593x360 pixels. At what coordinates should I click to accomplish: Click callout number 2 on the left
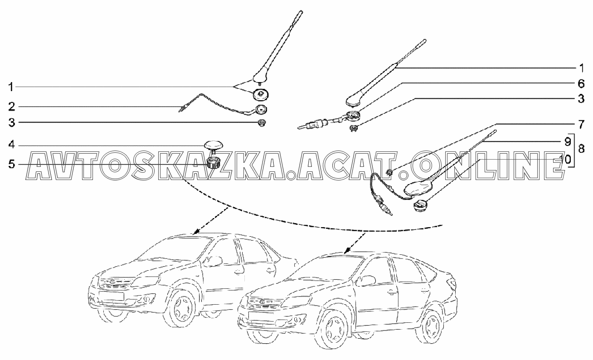pyautogui.click(x=11, y=107)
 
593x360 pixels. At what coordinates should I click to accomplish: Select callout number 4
pyautogui.click(x=11, y=145)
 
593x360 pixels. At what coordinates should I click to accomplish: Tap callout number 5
pyautogui.click(x=11, y=164)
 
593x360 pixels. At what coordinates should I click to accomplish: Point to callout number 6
pyautogui.click(x=581, y=84)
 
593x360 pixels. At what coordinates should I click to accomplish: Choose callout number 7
pyautogui.click(x=581, y=123)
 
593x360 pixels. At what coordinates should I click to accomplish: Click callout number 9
pyautogui.click(x=567, y=141)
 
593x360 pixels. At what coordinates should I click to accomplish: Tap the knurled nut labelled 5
pyautogui.click(x=213, y=162)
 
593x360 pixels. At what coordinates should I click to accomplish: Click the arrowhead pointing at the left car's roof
pyautogui.click(x=197, y=232)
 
